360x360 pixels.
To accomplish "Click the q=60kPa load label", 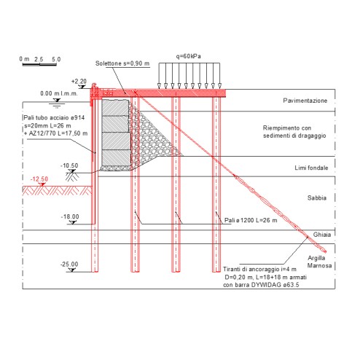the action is click(189, 56).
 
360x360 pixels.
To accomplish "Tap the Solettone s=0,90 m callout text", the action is click(122, 63).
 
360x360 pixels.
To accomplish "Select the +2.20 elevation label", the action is click(79, 82).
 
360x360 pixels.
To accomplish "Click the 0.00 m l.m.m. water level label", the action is click(59, 93).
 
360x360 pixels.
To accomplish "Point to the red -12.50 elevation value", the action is click(39, 179).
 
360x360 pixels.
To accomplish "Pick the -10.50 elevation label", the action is click(69, 165).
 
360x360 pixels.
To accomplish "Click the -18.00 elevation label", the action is click(70, 216).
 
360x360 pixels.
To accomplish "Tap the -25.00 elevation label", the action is click(69, 265).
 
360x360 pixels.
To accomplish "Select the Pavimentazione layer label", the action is click(305, 101).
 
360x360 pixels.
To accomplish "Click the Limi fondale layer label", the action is click(311, 168).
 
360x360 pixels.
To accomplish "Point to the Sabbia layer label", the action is click(317, 198).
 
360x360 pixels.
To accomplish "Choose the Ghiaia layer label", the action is click(322, 235).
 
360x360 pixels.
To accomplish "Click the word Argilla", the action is click(316, 258).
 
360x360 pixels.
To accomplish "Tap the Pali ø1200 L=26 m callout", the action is click(251, 220).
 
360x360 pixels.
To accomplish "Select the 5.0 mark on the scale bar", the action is click(56, 60).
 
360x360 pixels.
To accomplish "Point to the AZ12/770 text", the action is click(42, 133).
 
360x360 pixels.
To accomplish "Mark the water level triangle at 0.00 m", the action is click(57, 100).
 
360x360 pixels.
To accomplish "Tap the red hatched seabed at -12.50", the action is click(58, 191).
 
